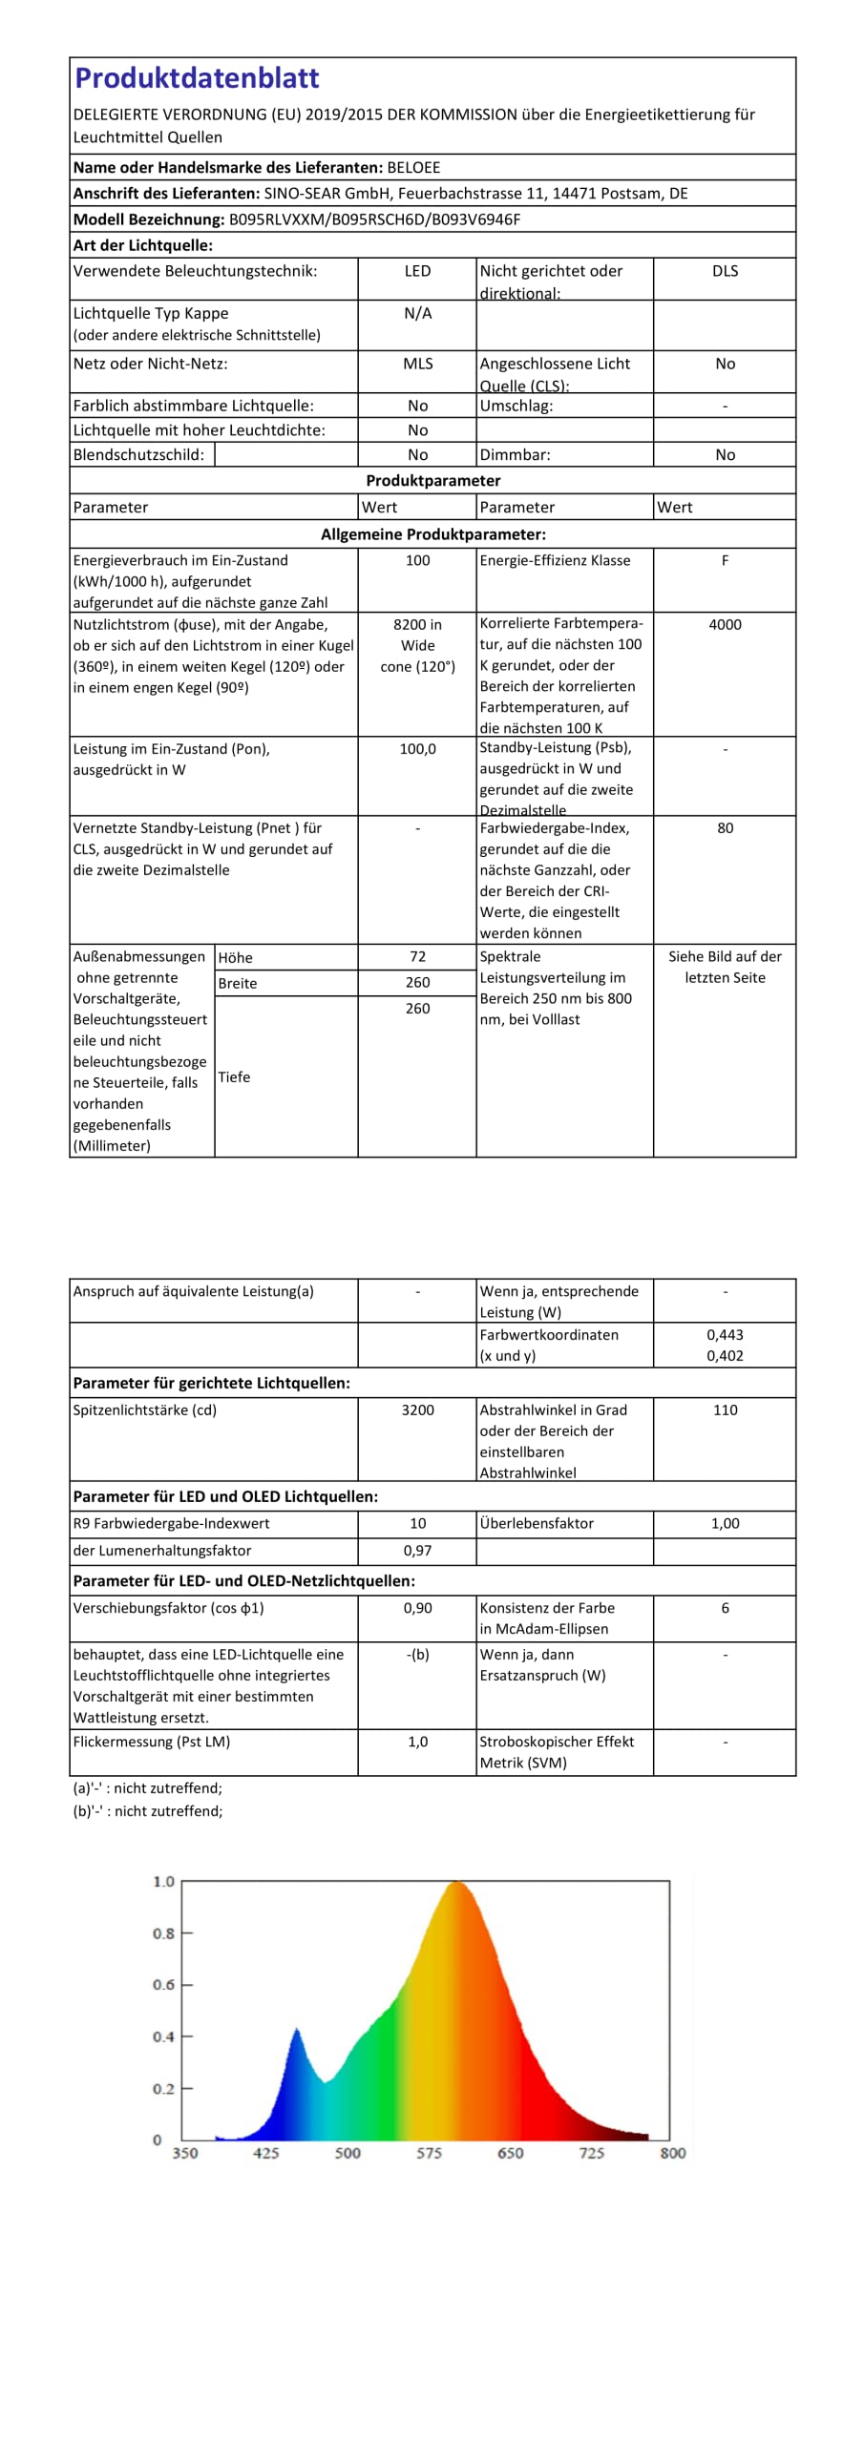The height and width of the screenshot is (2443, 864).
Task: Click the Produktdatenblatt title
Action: point(197,78)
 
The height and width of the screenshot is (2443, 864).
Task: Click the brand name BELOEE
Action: point(413,168)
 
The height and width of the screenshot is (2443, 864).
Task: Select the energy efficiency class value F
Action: point(725,561)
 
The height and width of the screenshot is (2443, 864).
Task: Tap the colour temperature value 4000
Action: point(725,625)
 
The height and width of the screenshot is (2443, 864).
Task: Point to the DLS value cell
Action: point(725,272)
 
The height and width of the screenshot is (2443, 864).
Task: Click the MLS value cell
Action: point(417,365)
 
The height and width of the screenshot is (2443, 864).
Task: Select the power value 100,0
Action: point(417,750)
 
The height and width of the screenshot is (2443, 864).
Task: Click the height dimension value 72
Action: point(417,957)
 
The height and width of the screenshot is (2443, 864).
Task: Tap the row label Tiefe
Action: point(234,1077)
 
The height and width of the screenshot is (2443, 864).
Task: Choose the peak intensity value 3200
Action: point(417,1410)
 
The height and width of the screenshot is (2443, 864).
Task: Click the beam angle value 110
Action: point(725,1410)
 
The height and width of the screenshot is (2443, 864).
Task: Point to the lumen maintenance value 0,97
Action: point(417,1552)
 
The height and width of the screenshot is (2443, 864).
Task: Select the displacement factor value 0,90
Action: point(417,1609)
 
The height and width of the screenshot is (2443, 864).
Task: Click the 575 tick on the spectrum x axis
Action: point(429,2153)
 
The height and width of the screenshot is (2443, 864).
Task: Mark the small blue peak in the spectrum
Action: point(297,2031)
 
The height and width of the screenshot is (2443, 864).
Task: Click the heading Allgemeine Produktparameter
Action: point(432,535)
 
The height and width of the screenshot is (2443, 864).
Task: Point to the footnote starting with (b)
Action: point(147,1811)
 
